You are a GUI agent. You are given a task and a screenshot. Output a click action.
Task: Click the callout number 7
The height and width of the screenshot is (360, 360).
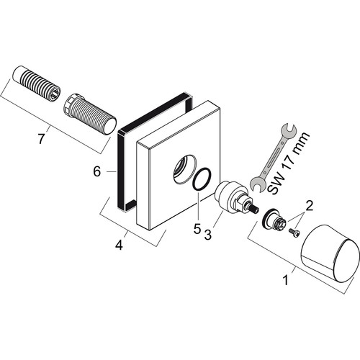click(x=41, y=139)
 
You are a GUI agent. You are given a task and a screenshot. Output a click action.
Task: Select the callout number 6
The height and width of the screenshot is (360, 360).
click(x=97, y=171)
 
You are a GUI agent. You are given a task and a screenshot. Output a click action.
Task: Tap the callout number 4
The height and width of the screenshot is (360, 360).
click(x=119, y=245)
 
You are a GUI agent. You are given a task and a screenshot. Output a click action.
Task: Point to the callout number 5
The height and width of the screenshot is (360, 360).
click(x=197, y=230)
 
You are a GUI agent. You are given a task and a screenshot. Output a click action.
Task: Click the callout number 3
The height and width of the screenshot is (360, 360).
click(x=208, y=234)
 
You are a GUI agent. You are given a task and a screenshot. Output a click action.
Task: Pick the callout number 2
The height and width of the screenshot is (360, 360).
click(x=310, y=206)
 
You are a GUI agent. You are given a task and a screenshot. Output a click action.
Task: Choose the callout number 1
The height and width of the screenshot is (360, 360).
click(x=285, y=280)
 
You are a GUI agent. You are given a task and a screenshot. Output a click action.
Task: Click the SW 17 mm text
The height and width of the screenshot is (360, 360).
click(x=288, y=163)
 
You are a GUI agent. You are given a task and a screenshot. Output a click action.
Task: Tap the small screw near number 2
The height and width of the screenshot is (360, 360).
click(x=294, y=233)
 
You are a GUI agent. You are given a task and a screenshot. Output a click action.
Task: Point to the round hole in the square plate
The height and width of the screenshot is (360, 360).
click(x=185, y=168)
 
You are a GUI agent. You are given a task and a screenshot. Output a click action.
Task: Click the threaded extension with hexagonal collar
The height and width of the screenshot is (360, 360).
click(x=90, y=114)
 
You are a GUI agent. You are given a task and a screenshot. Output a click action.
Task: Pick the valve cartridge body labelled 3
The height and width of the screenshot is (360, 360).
click(x=232, y=197)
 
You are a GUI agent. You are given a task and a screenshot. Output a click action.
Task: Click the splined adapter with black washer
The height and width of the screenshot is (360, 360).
click(x=274, y=219)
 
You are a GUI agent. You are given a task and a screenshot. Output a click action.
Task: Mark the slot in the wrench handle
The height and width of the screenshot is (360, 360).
click(x=272, y=158)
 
